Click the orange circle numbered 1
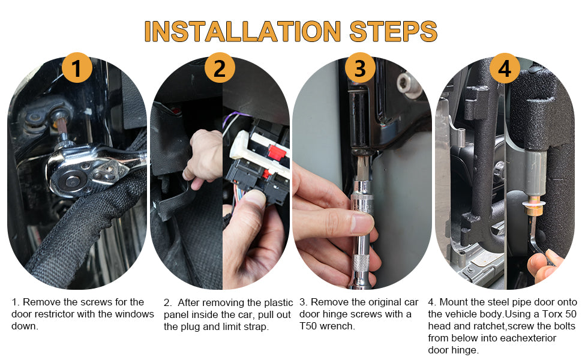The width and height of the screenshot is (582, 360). (77, 68)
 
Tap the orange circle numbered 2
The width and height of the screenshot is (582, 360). (220, 68)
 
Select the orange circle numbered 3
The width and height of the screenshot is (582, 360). (360, 68)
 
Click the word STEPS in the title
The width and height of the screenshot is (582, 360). (394, 31)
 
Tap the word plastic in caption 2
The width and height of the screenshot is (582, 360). (274, 303)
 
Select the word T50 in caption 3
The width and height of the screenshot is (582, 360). (308, 326)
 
